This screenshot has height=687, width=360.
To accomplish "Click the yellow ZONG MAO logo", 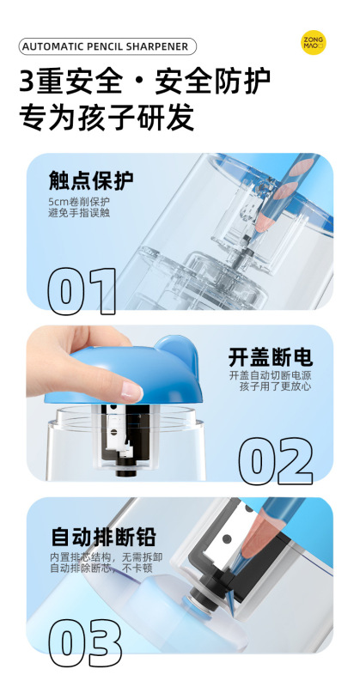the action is click(x=313, y=42).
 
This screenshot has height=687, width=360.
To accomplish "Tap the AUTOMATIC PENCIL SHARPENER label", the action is click(x=107, y=46).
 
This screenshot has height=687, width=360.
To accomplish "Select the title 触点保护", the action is click(x=91, y=181).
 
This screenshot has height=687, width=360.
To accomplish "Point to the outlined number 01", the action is click(x=82, y=291).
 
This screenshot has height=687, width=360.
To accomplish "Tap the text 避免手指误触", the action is click(x=79, y=214).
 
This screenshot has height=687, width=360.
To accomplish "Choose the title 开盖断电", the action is click(x=270, y=357).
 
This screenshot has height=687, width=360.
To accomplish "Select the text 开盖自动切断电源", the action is click(x=270, y=376).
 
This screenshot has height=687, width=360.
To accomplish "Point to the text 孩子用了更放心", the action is click(x=276, y=387).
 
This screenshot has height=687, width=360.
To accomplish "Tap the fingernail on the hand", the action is click(x=132, y=391).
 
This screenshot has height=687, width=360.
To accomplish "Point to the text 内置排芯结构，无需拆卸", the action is click(x=107, y=557).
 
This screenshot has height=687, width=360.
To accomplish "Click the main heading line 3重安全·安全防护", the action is click(x=144, y=82).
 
